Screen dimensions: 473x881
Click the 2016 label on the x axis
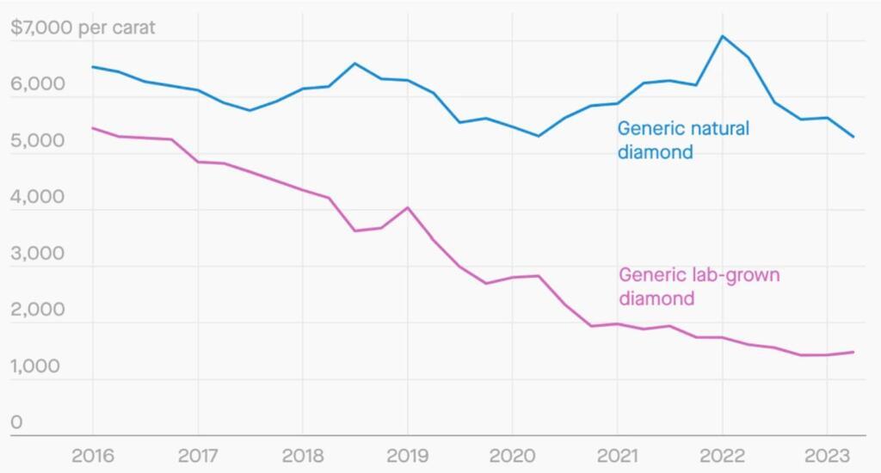click(x=93, y=456)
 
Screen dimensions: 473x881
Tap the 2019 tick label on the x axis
click(x=407, y=456)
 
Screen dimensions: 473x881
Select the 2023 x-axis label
click(x=827, y=456)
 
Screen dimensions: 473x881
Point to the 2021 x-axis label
click(x=617, y=456)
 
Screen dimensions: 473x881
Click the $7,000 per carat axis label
click(x=83, y=28)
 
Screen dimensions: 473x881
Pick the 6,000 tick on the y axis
click(x=37, y=84)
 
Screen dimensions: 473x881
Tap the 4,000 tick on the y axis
click(x=37, y=197)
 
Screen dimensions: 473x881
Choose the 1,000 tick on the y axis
click(x=37, y=366)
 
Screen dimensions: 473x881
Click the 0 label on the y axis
click(x=16, y=422)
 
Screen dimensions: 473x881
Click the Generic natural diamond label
click(x=683, y=140)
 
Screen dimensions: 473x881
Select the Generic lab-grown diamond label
click(x=699, y=286)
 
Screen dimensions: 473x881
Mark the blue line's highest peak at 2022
click(x=722, y=36)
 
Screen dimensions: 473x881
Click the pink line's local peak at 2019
click(x=407, y=207)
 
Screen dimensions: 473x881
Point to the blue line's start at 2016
click(x=93, y=66)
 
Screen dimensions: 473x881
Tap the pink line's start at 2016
click(x=93, y=128)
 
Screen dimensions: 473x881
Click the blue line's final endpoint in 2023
click(x=853, y=137)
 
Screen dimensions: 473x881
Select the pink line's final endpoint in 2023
click(x=853, y=352)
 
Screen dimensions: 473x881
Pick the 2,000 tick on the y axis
click(x=37, y=310)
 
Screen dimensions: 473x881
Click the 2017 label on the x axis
click(x=198, y=456)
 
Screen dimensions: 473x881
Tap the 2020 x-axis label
click(x=512, y=456)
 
